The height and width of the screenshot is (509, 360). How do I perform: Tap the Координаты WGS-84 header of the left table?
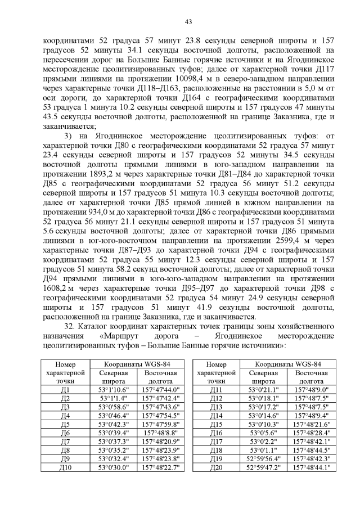point(136,364)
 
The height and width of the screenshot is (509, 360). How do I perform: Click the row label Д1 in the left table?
point(64,389)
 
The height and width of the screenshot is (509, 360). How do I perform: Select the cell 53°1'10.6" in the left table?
point(114,389)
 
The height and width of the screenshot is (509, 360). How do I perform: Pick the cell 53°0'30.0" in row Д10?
point(114,468)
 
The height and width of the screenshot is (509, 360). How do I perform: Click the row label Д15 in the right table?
point(216,425)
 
